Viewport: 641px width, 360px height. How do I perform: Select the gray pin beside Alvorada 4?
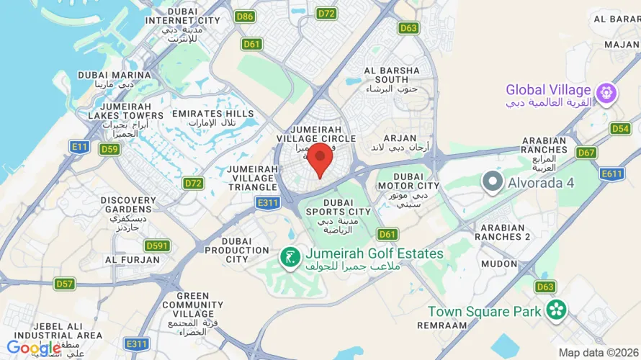point(493,181)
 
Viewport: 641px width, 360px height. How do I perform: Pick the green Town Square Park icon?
point(555,310)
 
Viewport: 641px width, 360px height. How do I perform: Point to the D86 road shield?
point(245,16)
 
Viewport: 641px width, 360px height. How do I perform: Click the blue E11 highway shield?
point(79,146)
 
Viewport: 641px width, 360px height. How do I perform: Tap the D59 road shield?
point(109,149)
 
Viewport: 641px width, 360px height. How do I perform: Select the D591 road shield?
point(156,246)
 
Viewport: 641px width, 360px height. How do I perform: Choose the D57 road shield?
point(65,284)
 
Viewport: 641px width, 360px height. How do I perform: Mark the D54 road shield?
point(620,128)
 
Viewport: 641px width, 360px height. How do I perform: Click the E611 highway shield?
point(611,174)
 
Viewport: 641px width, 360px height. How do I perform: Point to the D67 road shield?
point(586,153)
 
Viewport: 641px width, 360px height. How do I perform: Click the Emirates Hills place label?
point(212,118)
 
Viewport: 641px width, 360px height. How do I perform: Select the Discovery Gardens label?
point(128,210)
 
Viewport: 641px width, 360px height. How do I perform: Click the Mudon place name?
point(499,264)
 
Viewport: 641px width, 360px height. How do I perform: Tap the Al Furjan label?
point(133,259)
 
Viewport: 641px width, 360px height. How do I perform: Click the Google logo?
point(33,348)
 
